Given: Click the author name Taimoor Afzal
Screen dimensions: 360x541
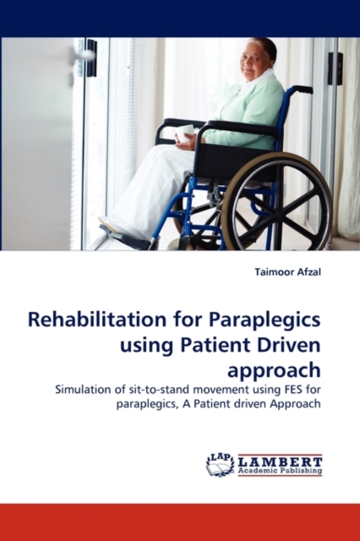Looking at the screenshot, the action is pyautogui.click(x=288, y=272).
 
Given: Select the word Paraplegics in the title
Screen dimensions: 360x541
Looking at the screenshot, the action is pyautogui.click(x=265, y=322).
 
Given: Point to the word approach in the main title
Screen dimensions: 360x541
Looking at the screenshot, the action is pyautogui.click(x=274, y=371).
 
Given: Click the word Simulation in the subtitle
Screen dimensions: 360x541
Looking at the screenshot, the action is pyautogui.click(x=83, y=390).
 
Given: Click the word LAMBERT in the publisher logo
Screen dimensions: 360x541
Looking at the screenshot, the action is pyautogui.click(x=281, y=462).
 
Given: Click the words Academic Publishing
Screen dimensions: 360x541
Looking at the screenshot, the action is pyautogui.click(x=281, y=471).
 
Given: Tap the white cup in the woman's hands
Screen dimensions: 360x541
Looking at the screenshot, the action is pyautogui.click(x=185, y=134).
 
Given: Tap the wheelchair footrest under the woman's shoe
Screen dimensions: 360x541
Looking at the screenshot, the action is pyautogui.click(x=123, y=238).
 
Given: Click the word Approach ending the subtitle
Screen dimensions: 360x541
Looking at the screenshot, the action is pyautogui.click(x=295, y=404).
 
